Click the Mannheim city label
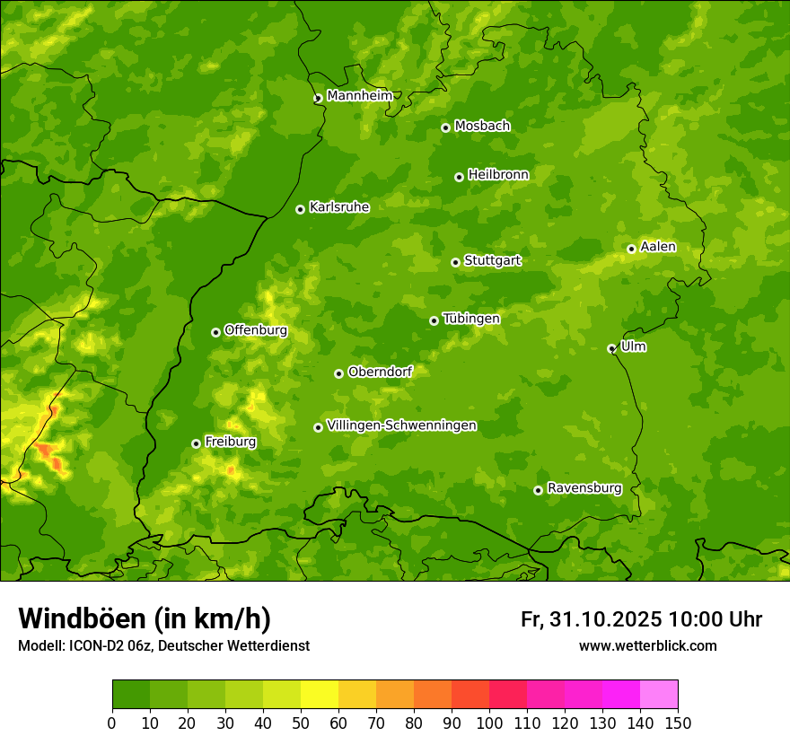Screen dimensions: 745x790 tap(359, 96)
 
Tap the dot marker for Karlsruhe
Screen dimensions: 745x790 tap(300, 209)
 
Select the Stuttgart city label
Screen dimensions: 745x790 tap(492, 261)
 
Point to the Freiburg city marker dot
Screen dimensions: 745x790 tap(196, 443)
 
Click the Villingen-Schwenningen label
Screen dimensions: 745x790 tap(401, 425)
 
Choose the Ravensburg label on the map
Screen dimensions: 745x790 tap(584, 488)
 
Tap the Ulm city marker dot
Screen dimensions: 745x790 tap(611, 348)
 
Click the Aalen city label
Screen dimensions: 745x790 tap(657, 247)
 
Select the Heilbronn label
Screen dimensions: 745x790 tap(498, 175)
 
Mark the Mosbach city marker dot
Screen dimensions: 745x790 tap(445, 127)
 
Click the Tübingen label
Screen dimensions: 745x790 tap(470, 319)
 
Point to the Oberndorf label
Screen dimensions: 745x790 tap(380, 372)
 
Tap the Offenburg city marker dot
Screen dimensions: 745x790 tap(215, 332)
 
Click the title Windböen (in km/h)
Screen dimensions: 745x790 tap(145, 618)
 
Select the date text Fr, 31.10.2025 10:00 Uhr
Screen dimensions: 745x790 tap(641, 619)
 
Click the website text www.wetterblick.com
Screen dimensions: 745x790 tap(647, 646)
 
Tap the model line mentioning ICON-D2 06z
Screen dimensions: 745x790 tap(163, 646)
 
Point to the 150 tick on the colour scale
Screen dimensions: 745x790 tap(678, 723)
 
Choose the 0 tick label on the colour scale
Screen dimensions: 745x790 tap(112, 723)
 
